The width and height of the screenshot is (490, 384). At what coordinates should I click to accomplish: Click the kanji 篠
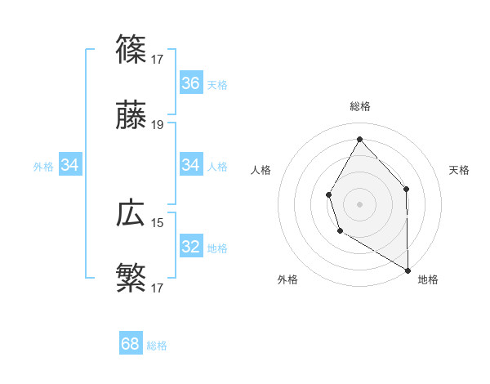pyautogui.click(x=131, y=49)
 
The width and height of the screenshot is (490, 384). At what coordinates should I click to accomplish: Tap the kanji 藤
pyautogui.click(x=131, y=118)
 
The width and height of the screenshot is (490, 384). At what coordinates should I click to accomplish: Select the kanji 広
pyautogui.click(x=131, y=213)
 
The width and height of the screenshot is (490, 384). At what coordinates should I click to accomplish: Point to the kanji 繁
pyautogui.click(x=131, y=278)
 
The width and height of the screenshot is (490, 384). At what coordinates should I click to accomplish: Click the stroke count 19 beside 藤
pyautogui.click(x=158, y=125)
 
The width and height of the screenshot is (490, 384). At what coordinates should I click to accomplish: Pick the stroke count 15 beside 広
pyautogui.click(x=158, y=221)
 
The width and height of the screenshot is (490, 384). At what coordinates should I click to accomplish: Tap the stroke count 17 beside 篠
pyautogui.click(x=158, y=59)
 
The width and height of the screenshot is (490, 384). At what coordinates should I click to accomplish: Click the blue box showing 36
pyautogui.click(x=191, y=83)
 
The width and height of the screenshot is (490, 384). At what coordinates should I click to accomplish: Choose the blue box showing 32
pyautogui.click(x=191, y=247)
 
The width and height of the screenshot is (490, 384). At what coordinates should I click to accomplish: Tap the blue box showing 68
pyautogui.click(x=131, y=344)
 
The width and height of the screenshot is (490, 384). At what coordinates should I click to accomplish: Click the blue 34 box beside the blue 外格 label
pyautogui.click(x=70, y=166)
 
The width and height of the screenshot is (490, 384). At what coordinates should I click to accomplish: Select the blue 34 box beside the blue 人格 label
pyautogui.click(x=191, y=166)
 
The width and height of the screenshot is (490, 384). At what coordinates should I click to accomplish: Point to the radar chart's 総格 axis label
pyautogui.click(x=360, y=106)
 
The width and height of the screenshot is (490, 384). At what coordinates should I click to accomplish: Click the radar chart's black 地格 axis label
pyautogui.click(x=428, y=279)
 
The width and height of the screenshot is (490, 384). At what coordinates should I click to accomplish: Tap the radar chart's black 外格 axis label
pyautogui.click(x=287, y=279)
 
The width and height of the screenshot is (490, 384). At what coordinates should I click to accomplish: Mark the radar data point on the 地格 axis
pyautogui.click(x=408, y=270)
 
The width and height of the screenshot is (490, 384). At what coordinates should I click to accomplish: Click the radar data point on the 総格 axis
pyautogui.click(x=359, y=138)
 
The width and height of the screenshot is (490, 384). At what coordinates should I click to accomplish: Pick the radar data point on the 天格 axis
pyautogui.click(x=406, y=189)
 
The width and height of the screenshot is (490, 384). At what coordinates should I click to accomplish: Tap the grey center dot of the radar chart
pyautogui.click(x=359, y=203)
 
